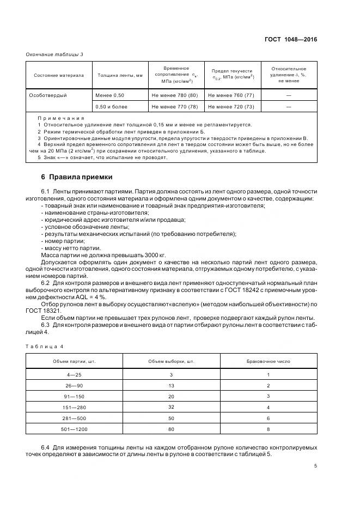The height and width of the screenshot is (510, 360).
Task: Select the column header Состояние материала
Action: [x=59, y=75]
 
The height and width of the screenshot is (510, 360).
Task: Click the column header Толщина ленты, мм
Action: [x=120, y=75]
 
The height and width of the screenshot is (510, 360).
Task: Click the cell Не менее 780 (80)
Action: [x=175, y=95]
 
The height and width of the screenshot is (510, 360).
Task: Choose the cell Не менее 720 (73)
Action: [x=231, y=106]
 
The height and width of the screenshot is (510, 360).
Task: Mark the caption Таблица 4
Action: [x=45, y=346]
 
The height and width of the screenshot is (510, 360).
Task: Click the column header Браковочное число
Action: [x=268, y=362]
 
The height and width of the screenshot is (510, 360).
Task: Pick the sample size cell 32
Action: [x=171, y=406]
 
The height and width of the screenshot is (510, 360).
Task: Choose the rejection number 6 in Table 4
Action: [x=268, y=417]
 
